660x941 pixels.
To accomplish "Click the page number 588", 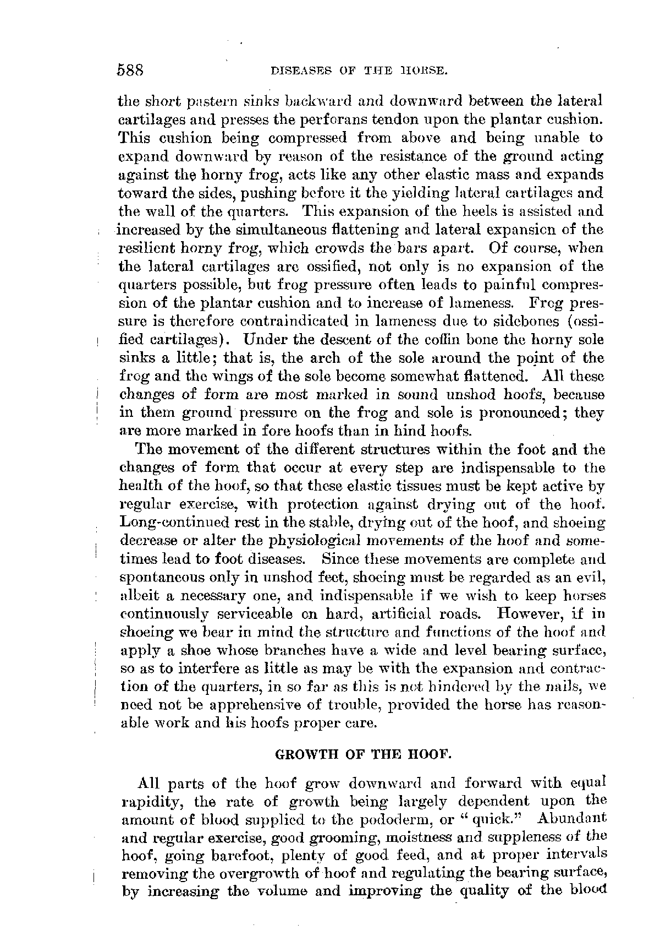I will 130,70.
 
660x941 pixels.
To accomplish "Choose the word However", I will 533,613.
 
